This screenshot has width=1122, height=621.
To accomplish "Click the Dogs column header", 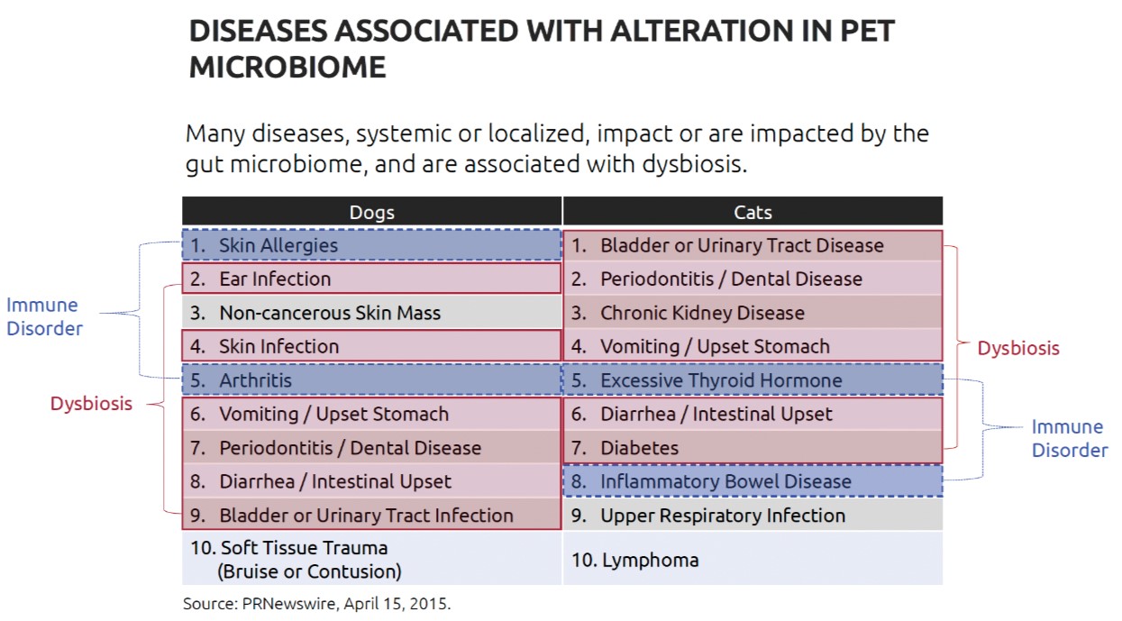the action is click(371, 211).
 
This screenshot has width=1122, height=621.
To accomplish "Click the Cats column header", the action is click(753, 211).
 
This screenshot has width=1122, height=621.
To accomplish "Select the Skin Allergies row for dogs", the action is click(371, 245).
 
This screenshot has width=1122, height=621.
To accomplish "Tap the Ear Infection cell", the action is click(371, 279).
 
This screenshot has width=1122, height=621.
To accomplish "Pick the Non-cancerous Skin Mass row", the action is click(371, 312).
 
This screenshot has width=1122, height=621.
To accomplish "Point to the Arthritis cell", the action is click(371, 379).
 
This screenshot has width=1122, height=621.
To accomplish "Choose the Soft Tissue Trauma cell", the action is click(371, 559).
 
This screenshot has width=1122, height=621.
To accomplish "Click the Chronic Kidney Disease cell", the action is click(753, 312).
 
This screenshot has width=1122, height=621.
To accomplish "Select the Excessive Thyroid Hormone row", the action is click(753, 379).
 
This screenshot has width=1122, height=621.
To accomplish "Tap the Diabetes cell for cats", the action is click(753, 447).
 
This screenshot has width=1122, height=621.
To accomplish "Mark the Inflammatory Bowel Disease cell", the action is click(753, 481).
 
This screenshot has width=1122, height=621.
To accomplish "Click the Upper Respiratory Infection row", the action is click(753, 515).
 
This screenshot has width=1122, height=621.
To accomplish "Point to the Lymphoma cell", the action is click(753, 559).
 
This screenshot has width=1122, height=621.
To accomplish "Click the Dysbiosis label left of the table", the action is click(91, 403).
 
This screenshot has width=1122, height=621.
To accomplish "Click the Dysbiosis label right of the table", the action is click(1018, 348).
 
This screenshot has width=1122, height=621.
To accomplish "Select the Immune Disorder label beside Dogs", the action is click(44, 316).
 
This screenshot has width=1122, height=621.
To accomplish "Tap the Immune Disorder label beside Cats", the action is click(1070, 438).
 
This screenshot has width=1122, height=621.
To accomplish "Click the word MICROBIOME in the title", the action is click(287, 67).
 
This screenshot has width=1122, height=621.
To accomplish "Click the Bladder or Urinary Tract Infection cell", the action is click(371, 515).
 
